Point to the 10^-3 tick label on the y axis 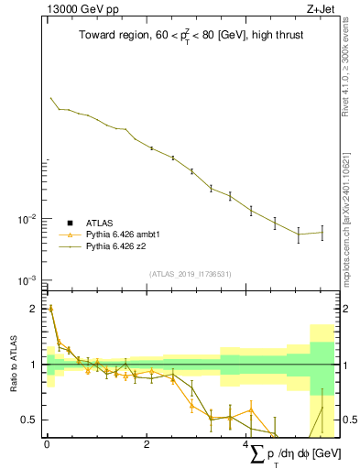[x=27, y=279]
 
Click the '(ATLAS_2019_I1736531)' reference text [x=190, y=274]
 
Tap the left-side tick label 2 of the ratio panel [x=35, y=309]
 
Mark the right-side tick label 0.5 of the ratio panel [x=348, y=420]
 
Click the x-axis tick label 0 [x=47, y=444]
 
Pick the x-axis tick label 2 [x=147, y=444]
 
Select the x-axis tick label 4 [x=246, y=444]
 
